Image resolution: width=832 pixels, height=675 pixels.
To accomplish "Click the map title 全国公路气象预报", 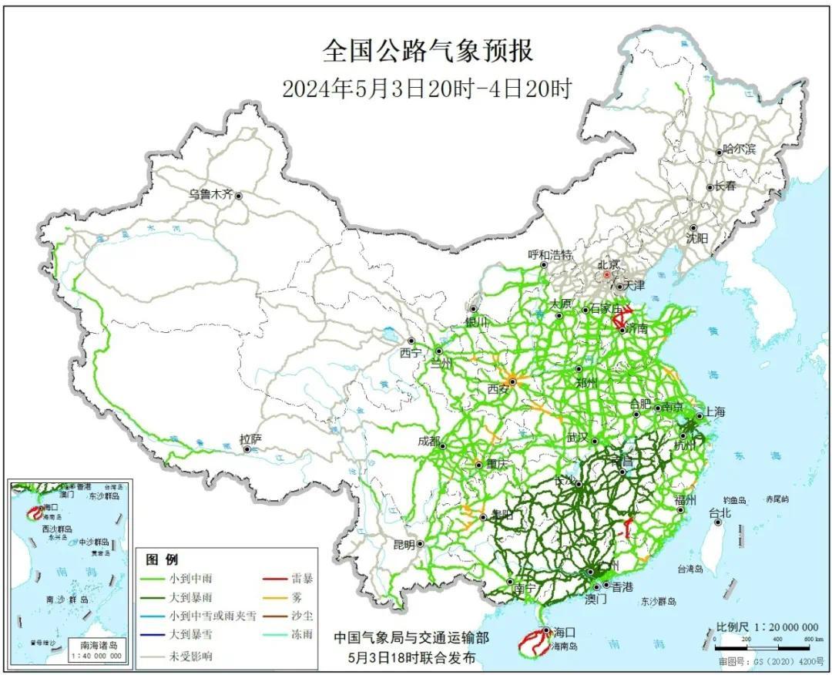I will tap(427, 52).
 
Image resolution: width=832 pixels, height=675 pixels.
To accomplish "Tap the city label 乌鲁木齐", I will tap(210, 195).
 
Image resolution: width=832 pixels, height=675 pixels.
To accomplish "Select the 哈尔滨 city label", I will tap(740, 150).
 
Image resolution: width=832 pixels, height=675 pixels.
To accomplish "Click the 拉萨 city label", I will tap(250, 439).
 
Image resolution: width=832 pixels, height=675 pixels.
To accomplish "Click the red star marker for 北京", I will tap(608, 274).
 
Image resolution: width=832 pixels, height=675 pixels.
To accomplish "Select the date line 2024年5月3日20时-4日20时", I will tap(427, 89).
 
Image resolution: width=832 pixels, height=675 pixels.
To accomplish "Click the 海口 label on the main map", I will tap(565, 630).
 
